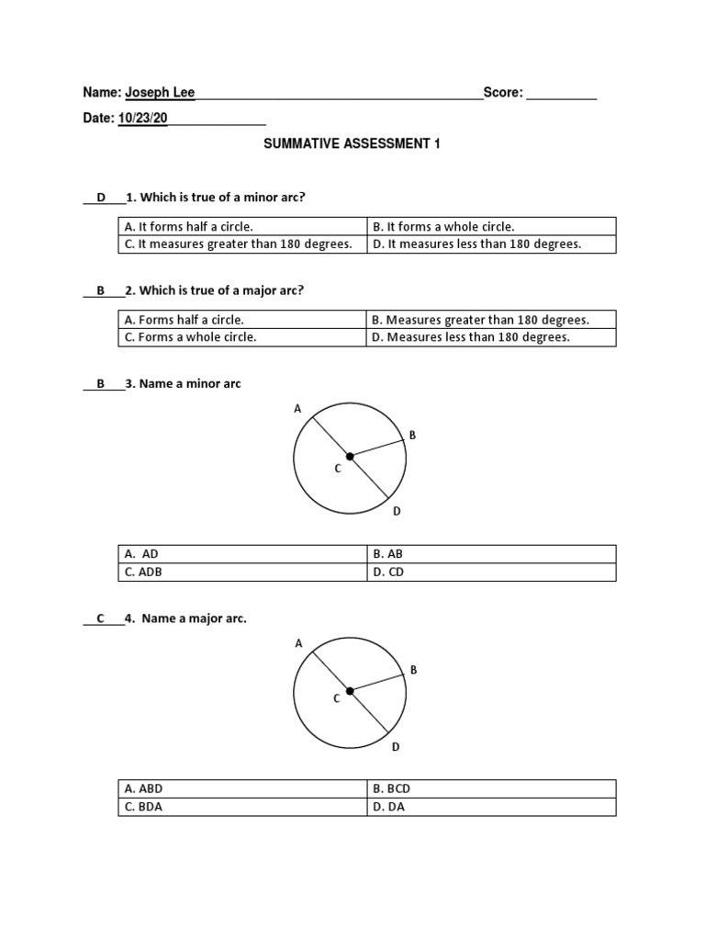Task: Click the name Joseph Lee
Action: [160, 92]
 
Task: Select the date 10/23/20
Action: [142, 118]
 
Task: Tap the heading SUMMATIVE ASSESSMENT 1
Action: [352, 144]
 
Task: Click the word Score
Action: [502, 92]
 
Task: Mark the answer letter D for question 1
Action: [102, 197]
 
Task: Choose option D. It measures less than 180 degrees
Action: [476, 244]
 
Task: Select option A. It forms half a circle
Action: [189, 226]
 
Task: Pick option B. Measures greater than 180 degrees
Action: [480, 320]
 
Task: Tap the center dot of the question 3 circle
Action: [350, 456]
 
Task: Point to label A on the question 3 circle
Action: [297, 409]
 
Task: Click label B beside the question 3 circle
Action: [412, 435]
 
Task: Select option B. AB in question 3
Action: [387, 554]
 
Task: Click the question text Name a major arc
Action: [194, 618]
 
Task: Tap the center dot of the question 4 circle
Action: [350, 691]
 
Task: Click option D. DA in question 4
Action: [388, 807]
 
